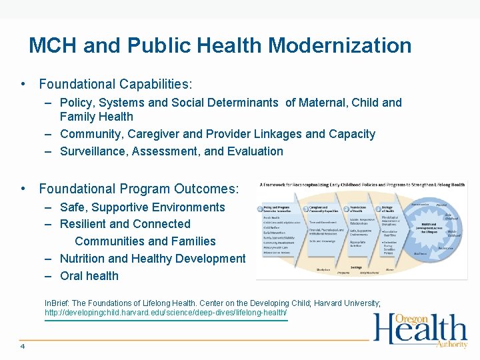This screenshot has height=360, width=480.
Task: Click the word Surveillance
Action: coord(94,151)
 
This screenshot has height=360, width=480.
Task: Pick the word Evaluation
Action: coord(255,151)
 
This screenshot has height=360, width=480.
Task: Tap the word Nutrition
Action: coord(82,259)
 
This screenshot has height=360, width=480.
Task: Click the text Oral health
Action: coord(89,276)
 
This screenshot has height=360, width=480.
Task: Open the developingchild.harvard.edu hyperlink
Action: coord(166,313)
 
